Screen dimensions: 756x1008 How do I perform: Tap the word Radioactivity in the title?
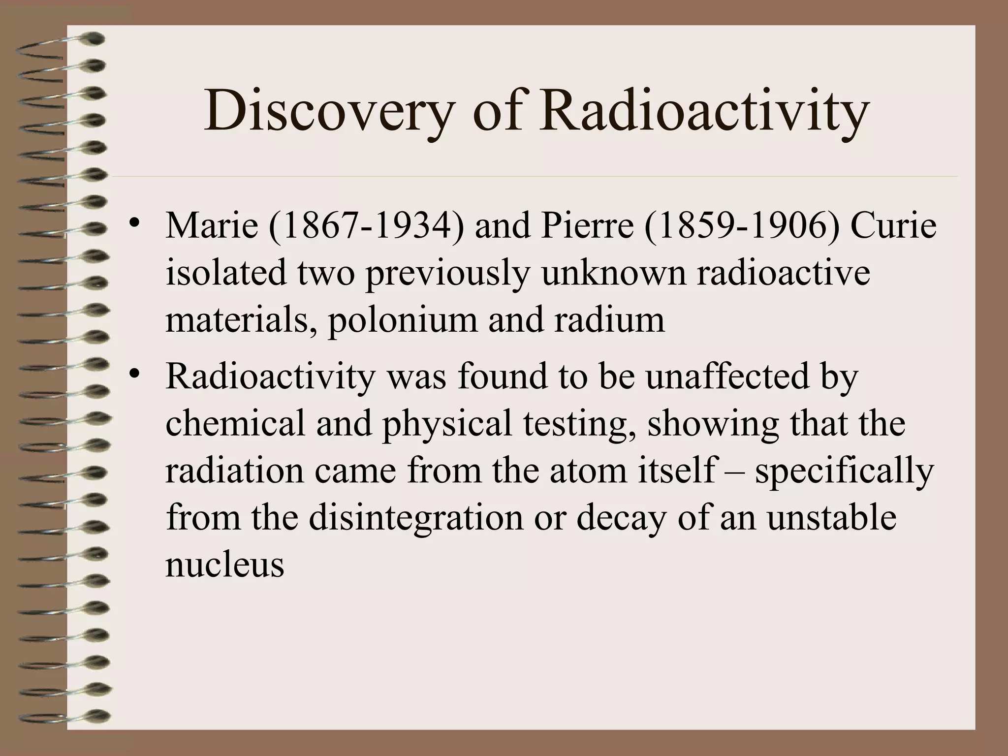click(x=704, y=112)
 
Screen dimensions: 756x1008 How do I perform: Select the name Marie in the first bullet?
click(x=212, y=226)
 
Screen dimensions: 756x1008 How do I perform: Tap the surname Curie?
click(x=893, y=226)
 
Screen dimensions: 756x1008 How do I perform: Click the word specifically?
click(x=844, y=470)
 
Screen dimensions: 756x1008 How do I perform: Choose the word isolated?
click(x=226, y=273)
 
